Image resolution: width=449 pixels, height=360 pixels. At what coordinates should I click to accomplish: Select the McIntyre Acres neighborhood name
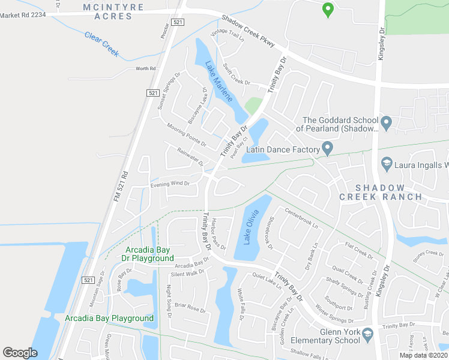point(113,11)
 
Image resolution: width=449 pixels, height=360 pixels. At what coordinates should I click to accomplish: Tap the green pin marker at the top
point(327,10)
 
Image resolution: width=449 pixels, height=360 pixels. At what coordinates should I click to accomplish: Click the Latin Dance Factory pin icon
point(327,148)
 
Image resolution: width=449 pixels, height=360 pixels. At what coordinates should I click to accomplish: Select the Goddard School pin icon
point(387,123)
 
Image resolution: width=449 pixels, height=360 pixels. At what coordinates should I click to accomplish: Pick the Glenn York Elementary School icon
point(367,335)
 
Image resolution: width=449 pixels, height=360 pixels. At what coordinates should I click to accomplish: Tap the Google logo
point(20,353)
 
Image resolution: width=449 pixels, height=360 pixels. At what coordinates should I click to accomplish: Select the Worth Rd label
point(145,69)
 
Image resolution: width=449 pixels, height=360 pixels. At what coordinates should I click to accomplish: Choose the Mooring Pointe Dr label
point(187,136)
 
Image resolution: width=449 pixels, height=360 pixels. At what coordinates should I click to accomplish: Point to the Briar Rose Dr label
point(188,308)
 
